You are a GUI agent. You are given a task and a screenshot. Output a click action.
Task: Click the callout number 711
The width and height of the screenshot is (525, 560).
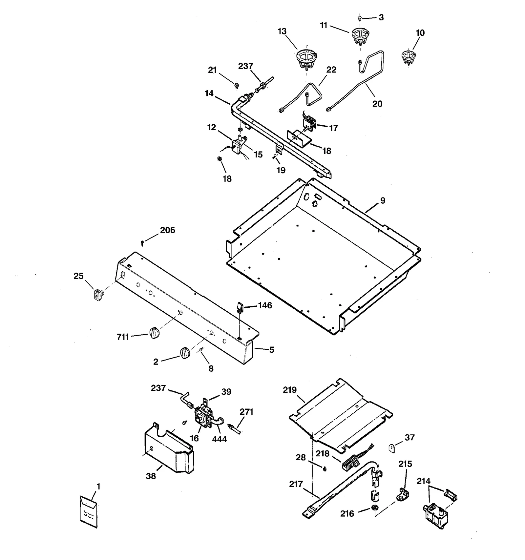click(x=123, y=337)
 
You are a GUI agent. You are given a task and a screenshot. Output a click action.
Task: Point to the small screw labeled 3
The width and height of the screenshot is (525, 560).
click(x=360, y=18)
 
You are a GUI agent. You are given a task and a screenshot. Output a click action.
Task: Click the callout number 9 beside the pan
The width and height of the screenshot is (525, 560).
click(x=383, y=201)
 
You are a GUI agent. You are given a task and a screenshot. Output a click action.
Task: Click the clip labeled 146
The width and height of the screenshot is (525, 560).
click(x=240, y=307)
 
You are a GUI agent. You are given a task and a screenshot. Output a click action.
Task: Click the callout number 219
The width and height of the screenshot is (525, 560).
click(x=290, y=390)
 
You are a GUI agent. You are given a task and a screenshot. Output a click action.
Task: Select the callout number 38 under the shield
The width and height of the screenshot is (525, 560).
click(x=151, y=476)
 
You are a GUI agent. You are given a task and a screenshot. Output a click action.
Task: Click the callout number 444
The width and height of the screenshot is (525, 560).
click(x=219, y=439)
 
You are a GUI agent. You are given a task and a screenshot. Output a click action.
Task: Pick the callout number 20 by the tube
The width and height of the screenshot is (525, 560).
click(x=377, y=104)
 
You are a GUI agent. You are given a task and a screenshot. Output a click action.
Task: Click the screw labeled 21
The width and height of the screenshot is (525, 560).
click(x=236, y=86)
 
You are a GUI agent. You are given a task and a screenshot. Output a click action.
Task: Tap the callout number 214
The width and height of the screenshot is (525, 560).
click(x=423, y=481)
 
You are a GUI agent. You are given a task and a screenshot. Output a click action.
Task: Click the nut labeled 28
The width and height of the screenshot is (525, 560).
click(x=325, y=469)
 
